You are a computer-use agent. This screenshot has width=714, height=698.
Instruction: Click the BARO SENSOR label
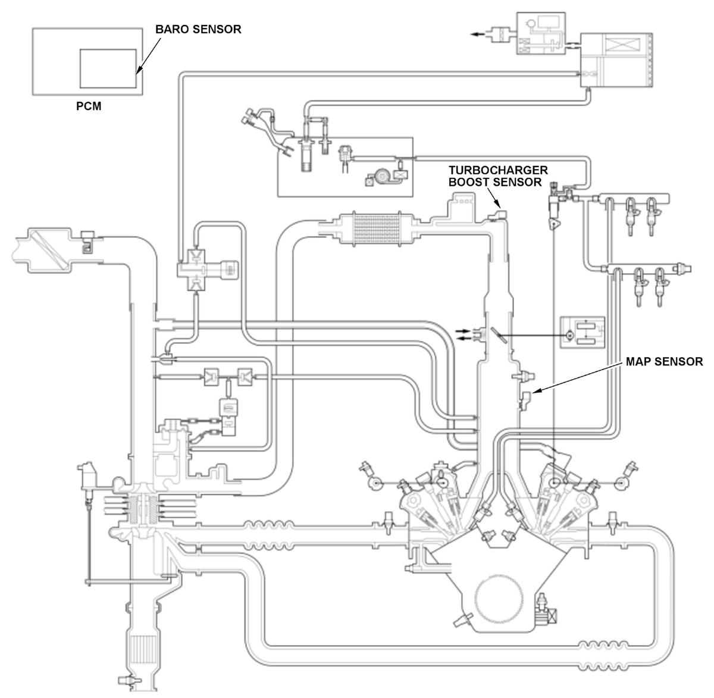[198, 29]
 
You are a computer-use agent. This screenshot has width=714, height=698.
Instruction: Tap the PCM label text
[89, 106]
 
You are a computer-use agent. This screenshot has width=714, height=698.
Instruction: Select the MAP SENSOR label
[664, 361]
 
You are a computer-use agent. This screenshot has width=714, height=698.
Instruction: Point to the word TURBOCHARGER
[498, 170]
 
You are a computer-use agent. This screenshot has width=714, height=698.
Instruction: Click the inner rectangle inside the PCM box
[108, 68]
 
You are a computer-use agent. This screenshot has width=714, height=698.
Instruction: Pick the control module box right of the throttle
[583, 333]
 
